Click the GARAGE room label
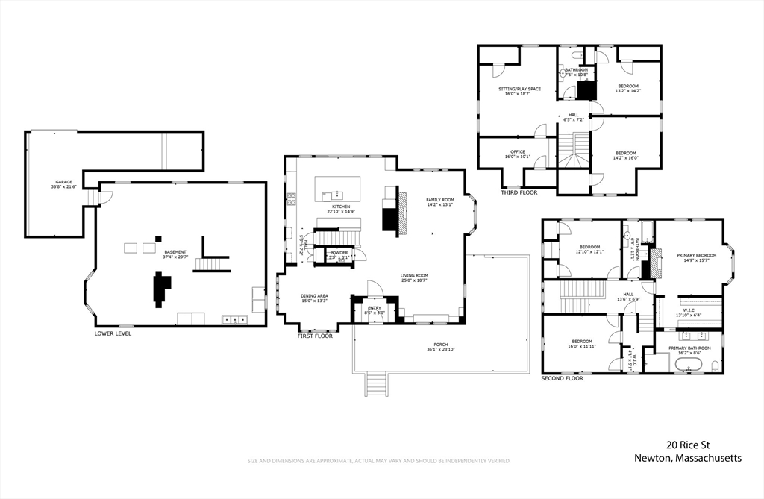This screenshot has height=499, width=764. (63, 182)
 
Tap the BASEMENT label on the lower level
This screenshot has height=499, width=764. (175, 252)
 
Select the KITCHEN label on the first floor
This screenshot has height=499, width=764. (341, 207)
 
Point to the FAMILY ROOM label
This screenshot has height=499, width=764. (440, 200)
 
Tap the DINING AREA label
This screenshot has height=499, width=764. (314, 295)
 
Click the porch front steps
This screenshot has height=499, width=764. (375, 384)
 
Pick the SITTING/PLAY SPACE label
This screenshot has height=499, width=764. (519, 89)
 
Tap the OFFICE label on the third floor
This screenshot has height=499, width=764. (517, 152)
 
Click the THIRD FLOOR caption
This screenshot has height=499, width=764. (519, 192)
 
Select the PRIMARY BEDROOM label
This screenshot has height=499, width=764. (697, 255)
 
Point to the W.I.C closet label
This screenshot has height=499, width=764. (689, 310)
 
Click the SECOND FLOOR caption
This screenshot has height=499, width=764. (562, 378)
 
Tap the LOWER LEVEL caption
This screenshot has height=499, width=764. (113, 333)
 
